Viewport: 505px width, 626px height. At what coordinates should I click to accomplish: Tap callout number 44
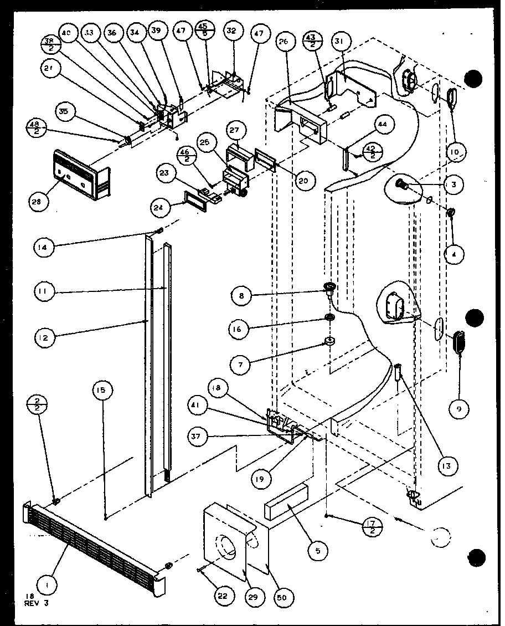tap(382, 125)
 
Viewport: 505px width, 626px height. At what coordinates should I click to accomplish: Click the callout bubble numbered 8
tap(242, 297)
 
